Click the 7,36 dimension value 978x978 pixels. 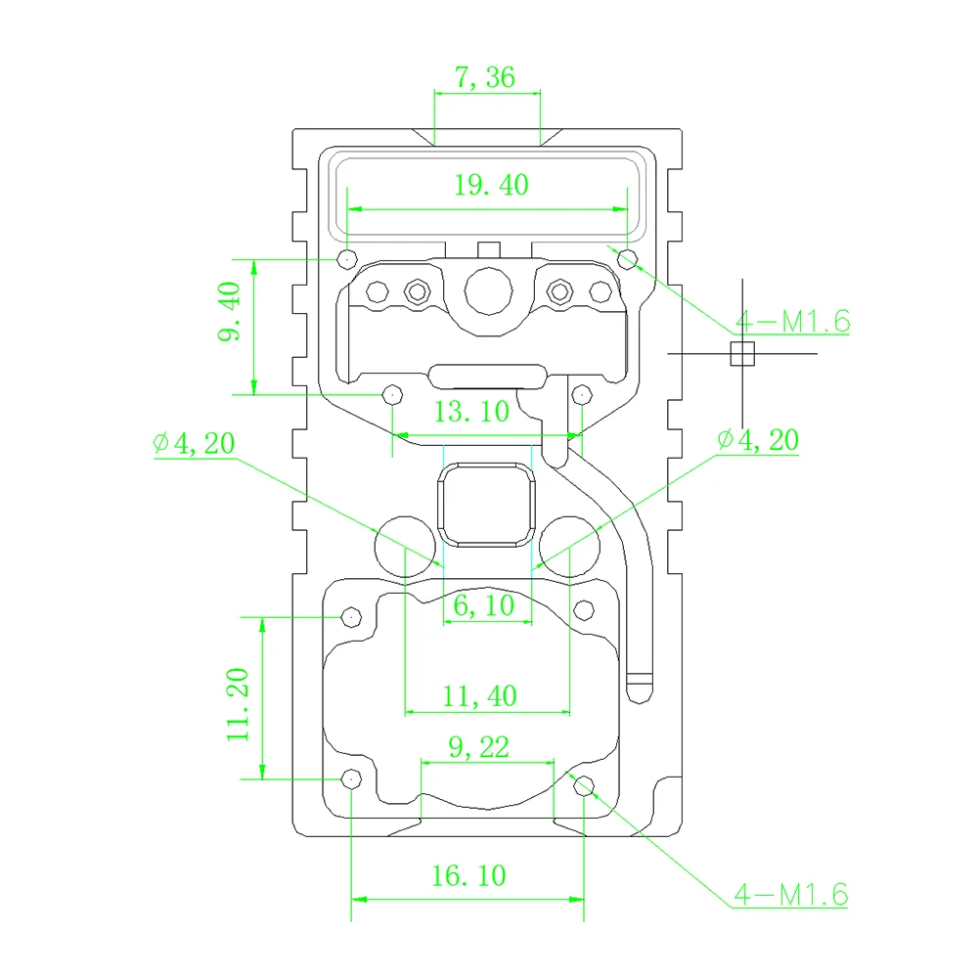(x=486, y=77)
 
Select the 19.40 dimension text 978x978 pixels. (x=490, y=184)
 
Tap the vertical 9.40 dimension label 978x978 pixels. (x=229, y=314)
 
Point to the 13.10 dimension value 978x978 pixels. (x=471, y=411)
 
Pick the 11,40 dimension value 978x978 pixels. (x=479, y=696)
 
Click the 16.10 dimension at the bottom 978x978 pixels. (x=469, y=874)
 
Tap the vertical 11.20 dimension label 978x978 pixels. (x=239, y=703)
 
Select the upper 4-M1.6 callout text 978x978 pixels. (x=791, y=320)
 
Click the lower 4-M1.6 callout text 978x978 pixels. (x=790, y=893)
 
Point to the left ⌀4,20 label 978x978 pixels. (x=194, y=444)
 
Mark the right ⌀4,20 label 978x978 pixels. (x=757, y=440)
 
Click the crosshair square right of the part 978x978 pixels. (x=743, y=353)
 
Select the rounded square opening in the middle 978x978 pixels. (x=487, y=505)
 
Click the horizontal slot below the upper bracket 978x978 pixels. (x=487, y=374)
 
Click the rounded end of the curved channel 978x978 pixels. (x=641, y=684)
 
